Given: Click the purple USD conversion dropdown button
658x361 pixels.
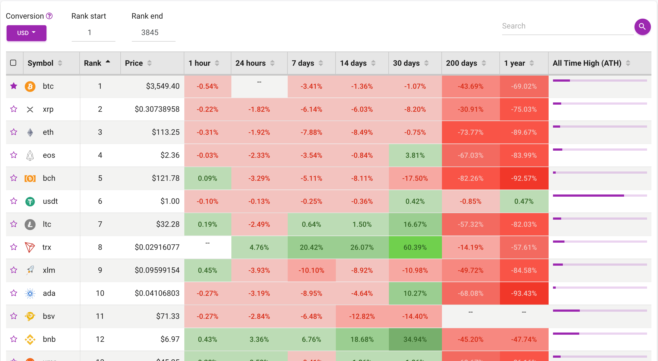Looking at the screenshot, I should (x=26, y=33).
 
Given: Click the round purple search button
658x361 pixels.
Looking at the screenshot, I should (x=642, y=27).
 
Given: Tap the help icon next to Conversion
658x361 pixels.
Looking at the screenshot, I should (x=49, y=16).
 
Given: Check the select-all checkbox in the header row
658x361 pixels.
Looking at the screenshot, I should (x=13, y=63).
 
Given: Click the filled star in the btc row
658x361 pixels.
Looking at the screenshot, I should (x=14, y=86).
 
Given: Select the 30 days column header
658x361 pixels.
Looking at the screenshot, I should (x=406, y=63).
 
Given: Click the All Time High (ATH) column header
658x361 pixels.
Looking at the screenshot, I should (x=587, y=63).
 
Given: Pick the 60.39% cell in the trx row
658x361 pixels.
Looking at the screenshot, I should (x=415, y=247).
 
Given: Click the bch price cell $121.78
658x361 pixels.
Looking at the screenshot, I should (x=165, y=178).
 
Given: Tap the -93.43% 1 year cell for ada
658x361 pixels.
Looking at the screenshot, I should (x=524, y=293).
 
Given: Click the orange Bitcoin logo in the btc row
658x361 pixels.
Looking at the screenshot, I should (x=30, y=86).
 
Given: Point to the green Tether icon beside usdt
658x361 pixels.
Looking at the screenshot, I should (x=30, y=202).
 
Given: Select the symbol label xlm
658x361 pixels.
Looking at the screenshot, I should (x=49, y=270).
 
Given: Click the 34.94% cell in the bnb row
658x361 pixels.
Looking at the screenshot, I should (x=415, y=339).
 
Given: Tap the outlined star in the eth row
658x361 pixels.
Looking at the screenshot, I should (x=14, y=132).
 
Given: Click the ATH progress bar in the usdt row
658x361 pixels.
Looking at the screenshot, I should (x=599, y=196).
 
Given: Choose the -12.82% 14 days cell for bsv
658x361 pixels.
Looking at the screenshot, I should (x=362, y=316).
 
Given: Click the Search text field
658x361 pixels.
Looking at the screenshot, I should (x=567, y=26).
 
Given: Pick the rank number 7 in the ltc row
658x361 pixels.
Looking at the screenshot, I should (x=100, y=224).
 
